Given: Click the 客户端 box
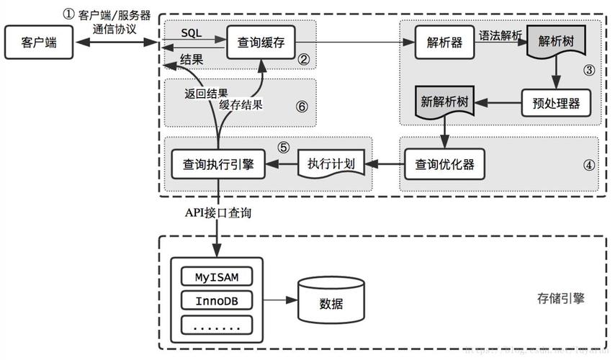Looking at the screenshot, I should point(40,42).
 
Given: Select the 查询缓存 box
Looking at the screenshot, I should point(261,42).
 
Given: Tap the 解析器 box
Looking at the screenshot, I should point(443,42).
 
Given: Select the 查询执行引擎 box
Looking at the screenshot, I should point(218,164).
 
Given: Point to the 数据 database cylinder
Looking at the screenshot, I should point(331,301).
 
